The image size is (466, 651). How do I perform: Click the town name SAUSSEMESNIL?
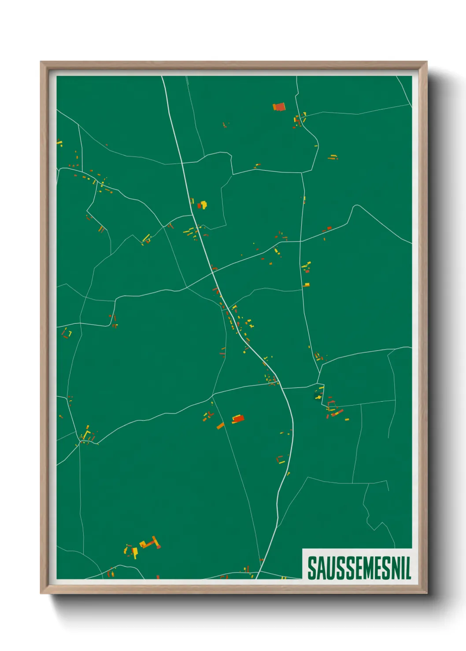359,568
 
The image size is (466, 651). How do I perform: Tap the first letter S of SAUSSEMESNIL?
311,568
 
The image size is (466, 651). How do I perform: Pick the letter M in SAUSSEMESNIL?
365,568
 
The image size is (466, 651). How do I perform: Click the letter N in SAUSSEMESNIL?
394,568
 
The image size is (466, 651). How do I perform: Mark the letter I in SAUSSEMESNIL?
402,568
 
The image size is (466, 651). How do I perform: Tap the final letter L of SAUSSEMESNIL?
407,568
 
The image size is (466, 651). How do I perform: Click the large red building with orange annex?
279,107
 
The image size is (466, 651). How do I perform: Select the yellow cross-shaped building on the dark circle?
318,397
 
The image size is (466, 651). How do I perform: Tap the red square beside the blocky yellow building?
199,206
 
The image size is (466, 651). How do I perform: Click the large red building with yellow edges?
238,418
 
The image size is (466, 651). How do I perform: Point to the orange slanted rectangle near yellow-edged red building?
220,425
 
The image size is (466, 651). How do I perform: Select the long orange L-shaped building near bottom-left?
150,543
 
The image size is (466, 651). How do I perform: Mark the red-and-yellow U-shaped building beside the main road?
280,460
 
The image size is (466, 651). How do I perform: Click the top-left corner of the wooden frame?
41,62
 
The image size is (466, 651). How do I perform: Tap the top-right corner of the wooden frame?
426,62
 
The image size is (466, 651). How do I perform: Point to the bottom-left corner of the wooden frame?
41,593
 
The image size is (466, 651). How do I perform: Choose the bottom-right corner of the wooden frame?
426,593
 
